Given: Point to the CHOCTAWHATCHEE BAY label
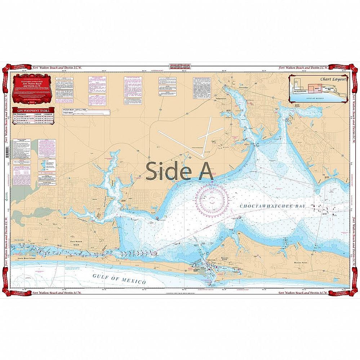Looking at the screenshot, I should tap(272, 205).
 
